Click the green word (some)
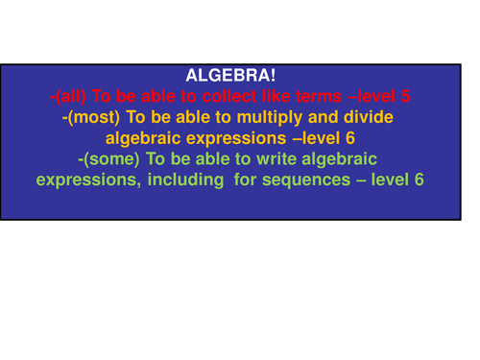pos(108,158)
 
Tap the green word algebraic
pos(337,158)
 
